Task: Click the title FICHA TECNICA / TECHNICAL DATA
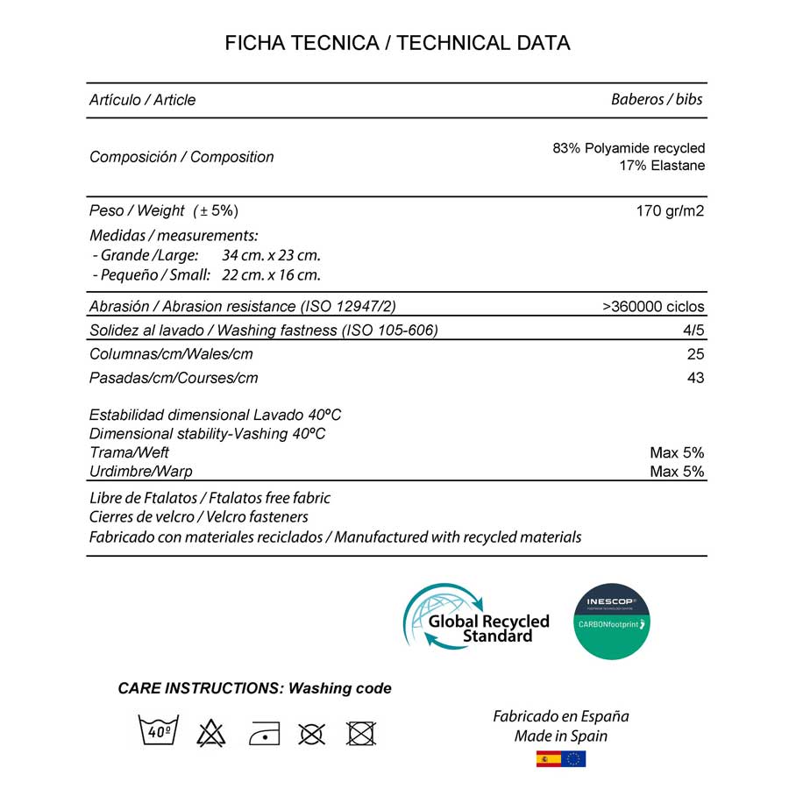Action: tap(397, 43)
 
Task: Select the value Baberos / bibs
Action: tap(657, 99)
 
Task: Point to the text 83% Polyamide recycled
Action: tap(629, 148)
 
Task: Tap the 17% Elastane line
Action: tap(662, 166)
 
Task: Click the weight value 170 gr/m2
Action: tap(670, 210)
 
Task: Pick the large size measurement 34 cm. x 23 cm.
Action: tap(271, 255)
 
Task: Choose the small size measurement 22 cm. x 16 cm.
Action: tap(271, 274)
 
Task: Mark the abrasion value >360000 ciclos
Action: tap(653, 307)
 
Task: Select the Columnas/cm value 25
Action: tap(695, 354)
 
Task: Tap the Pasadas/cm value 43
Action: tap(695, 378)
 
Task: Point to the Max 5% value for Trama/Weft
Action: tap(677, 452)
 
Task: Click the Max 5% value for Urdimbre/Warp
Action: tap(677, 472)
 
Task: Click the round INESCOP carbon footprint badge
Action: tap(611, 622)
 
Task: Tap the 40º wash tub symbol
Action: tap(159, 730)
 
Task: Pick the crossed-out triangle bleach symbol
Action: tap(210, 732)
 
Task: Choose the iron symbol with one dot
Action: tap(262, 732)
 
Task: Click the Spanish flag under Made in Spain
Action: tap(549, 758)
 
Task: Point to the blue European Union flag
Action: tap(575, 758)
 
